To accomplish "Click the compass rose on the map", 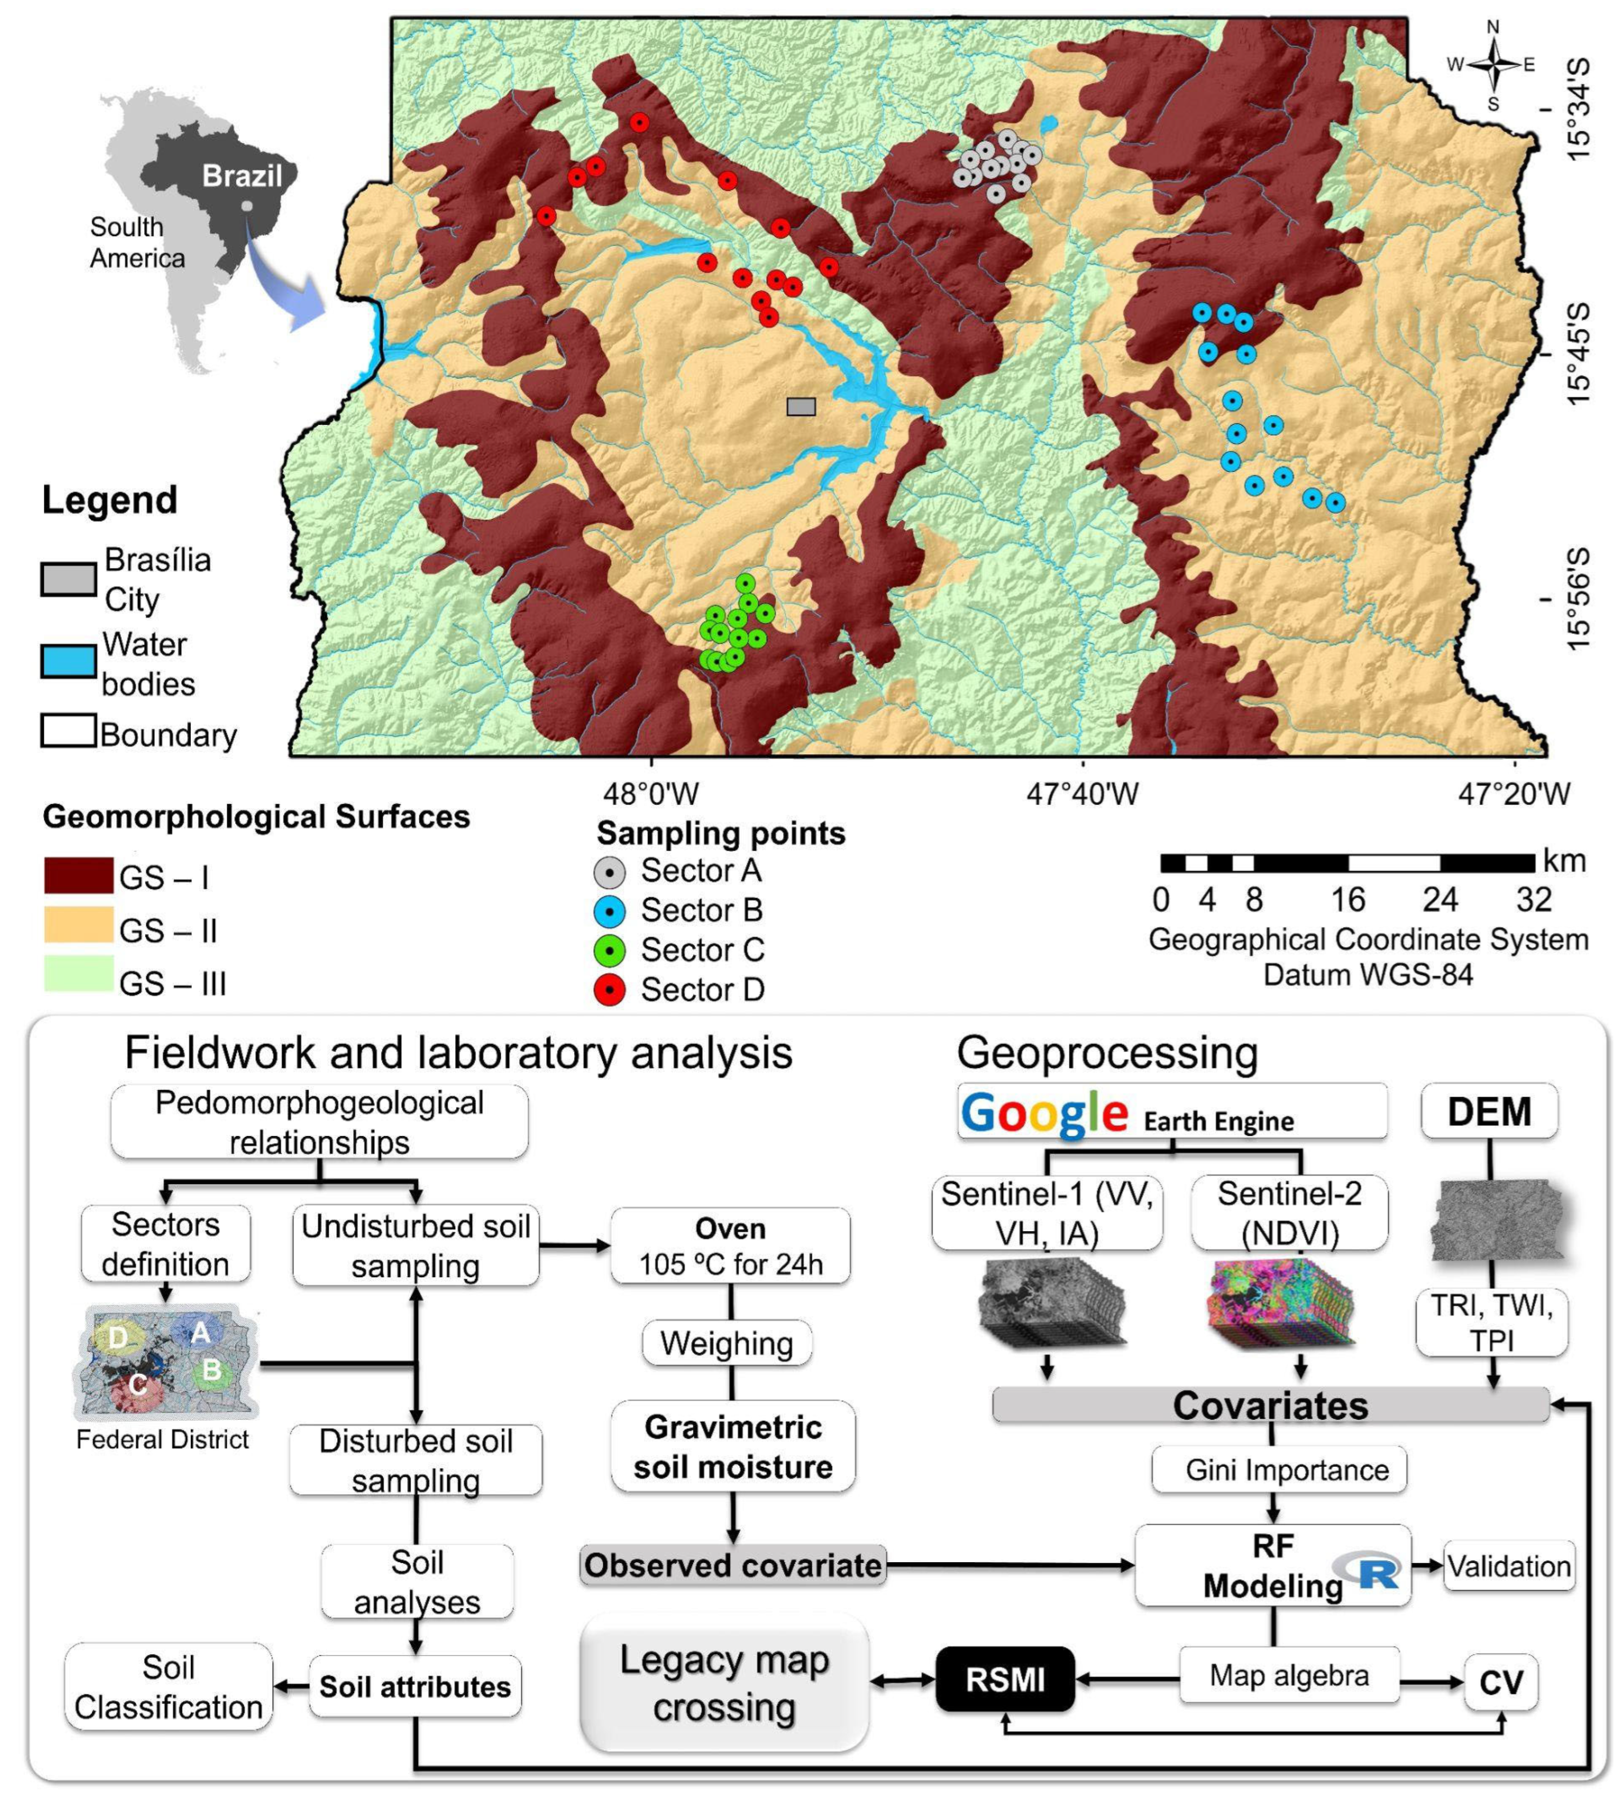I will pyautogui.click(x=1493, y=65).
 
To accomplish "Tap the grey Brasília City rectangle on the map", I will pyautogui.click(x=801, y=407).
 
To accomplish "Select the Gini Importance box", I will pyautogui.click(x=1279, y=1470).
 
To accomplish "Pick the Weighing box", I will pyautogui.click(x=727, y=1343).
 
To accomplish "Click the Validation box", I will pyautogui.click(x=1509, y=1566).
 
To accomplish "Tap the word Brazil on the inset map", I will pyautogui.click(x=242, y=176).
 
